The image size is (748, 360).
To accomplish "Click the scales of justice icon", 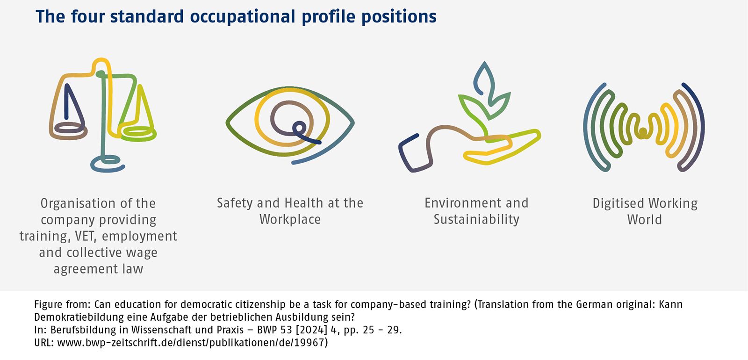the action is (103, 115).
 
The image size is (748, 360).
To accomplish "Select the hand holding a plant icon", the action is (469, 116).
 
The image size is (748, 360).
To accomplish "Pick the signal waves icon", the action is (643, 127).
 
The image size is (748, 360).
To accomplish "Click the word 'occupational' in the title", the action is (243, 17).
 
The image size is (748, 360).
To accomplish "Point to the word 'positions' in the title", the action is (399, 17).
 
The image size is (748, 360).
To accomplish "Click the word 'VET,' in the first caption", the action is (86, 236).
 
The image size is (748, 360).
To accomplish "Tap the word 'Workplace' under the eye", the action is (290, 219).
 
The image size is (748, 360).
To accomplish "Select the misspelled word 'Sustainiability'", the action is (476, 219).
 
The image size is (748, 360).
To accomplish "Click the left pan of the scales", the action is (68, 132).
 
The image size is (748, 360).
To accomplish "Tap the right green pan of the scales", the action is (137, 133).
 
